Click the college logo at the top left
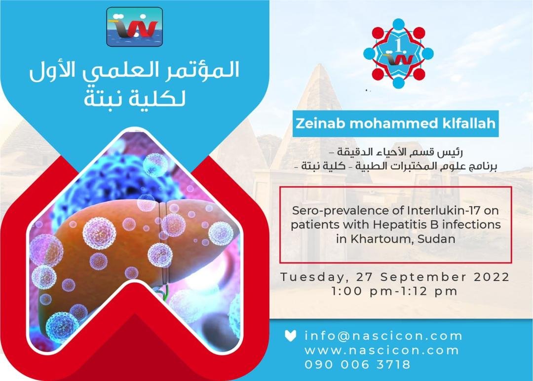point(135,27)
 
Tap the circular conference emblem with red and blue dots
point(398,53)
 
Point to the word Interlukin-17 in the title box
point(443,211)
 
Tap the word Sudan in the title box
point(436,239)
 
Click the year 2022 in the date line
point(492,277)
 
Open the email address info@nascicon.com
point(383,336)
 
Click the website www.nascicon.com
point(381,350)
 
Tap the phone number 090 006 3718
point(358,365)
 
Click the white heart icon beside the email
point(290,336)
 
